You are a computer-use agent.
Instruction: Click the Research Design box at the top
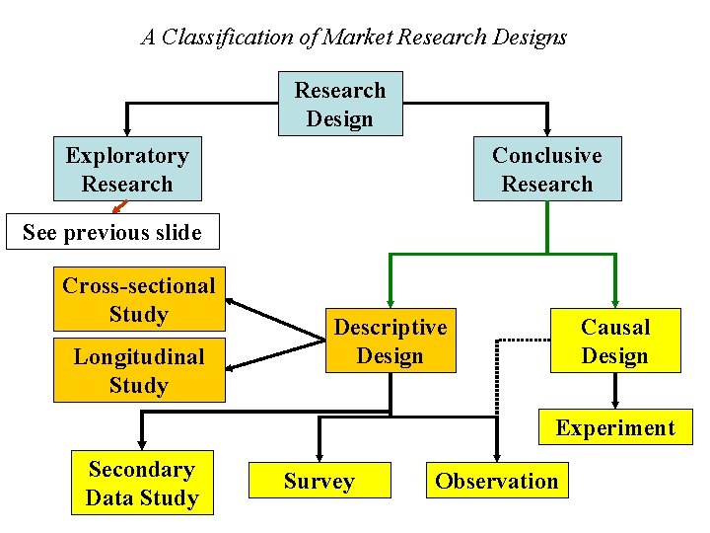click(x=340, y=104)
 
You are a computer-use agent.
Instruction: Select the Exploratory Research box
click(x=126, y=169)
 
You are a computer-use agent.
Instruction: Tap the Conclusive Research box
click(x=547, y=169)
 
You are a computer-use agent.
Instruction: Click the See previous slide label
click(x=111, y=233)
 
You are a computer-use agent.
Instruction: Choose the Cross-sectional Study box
click(x=138, y=299)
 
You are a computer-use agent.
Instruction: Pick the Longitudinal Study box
click(x=138, y=370)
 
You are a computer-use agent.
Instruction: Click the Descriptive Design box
click(x=390, y=341)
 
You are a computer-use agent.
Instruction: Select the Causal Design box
click(x=614, y=341)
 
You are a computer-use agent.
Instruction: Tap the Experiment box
click(x=614, y=427)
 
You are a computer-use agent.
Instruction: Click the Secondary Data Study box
click(x=141, y=484)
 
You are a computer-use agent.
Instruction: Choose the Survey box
click(x=319, y=481)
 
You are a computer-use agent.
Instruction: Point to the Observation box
click(x=497, y=481)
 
